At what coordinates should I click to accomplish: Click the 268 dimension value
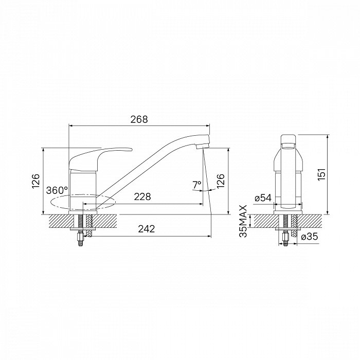139,119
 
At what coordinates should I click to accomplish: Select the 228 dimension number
142,197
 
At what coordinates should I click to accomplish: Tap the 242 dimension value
147,229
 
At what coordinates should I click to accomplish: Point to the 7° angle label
197,185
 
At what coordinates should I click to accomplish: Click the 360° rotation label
57,190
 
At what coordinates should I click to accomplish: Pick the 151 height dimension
321,174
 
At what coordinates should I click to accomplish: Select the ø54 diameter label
263,197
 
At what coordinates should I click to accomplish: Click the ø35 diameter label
310,236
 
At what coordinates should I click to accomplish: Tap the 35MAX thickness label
243,221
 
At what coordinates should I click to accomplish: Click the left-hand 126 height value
36,182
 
